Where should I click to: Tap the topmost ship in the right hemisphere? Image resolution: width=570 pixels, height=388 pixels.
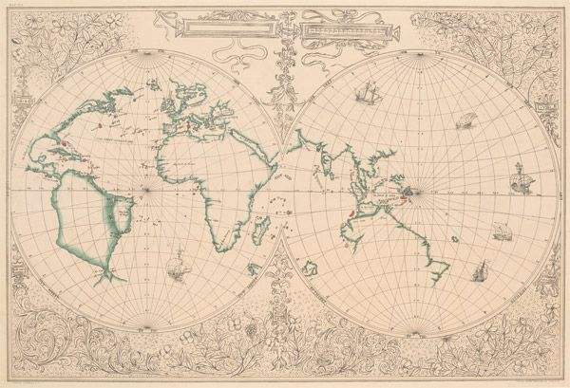pyautogui.click(x=363, y=94)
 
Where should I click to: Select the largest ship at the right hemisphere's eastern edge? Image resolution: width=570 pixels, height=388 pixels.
pyautogui.click(x=521, y=176)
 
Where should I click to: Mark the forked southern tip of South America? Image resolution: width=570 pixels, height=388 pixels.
pyautogui.click(x=113, y=276)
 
